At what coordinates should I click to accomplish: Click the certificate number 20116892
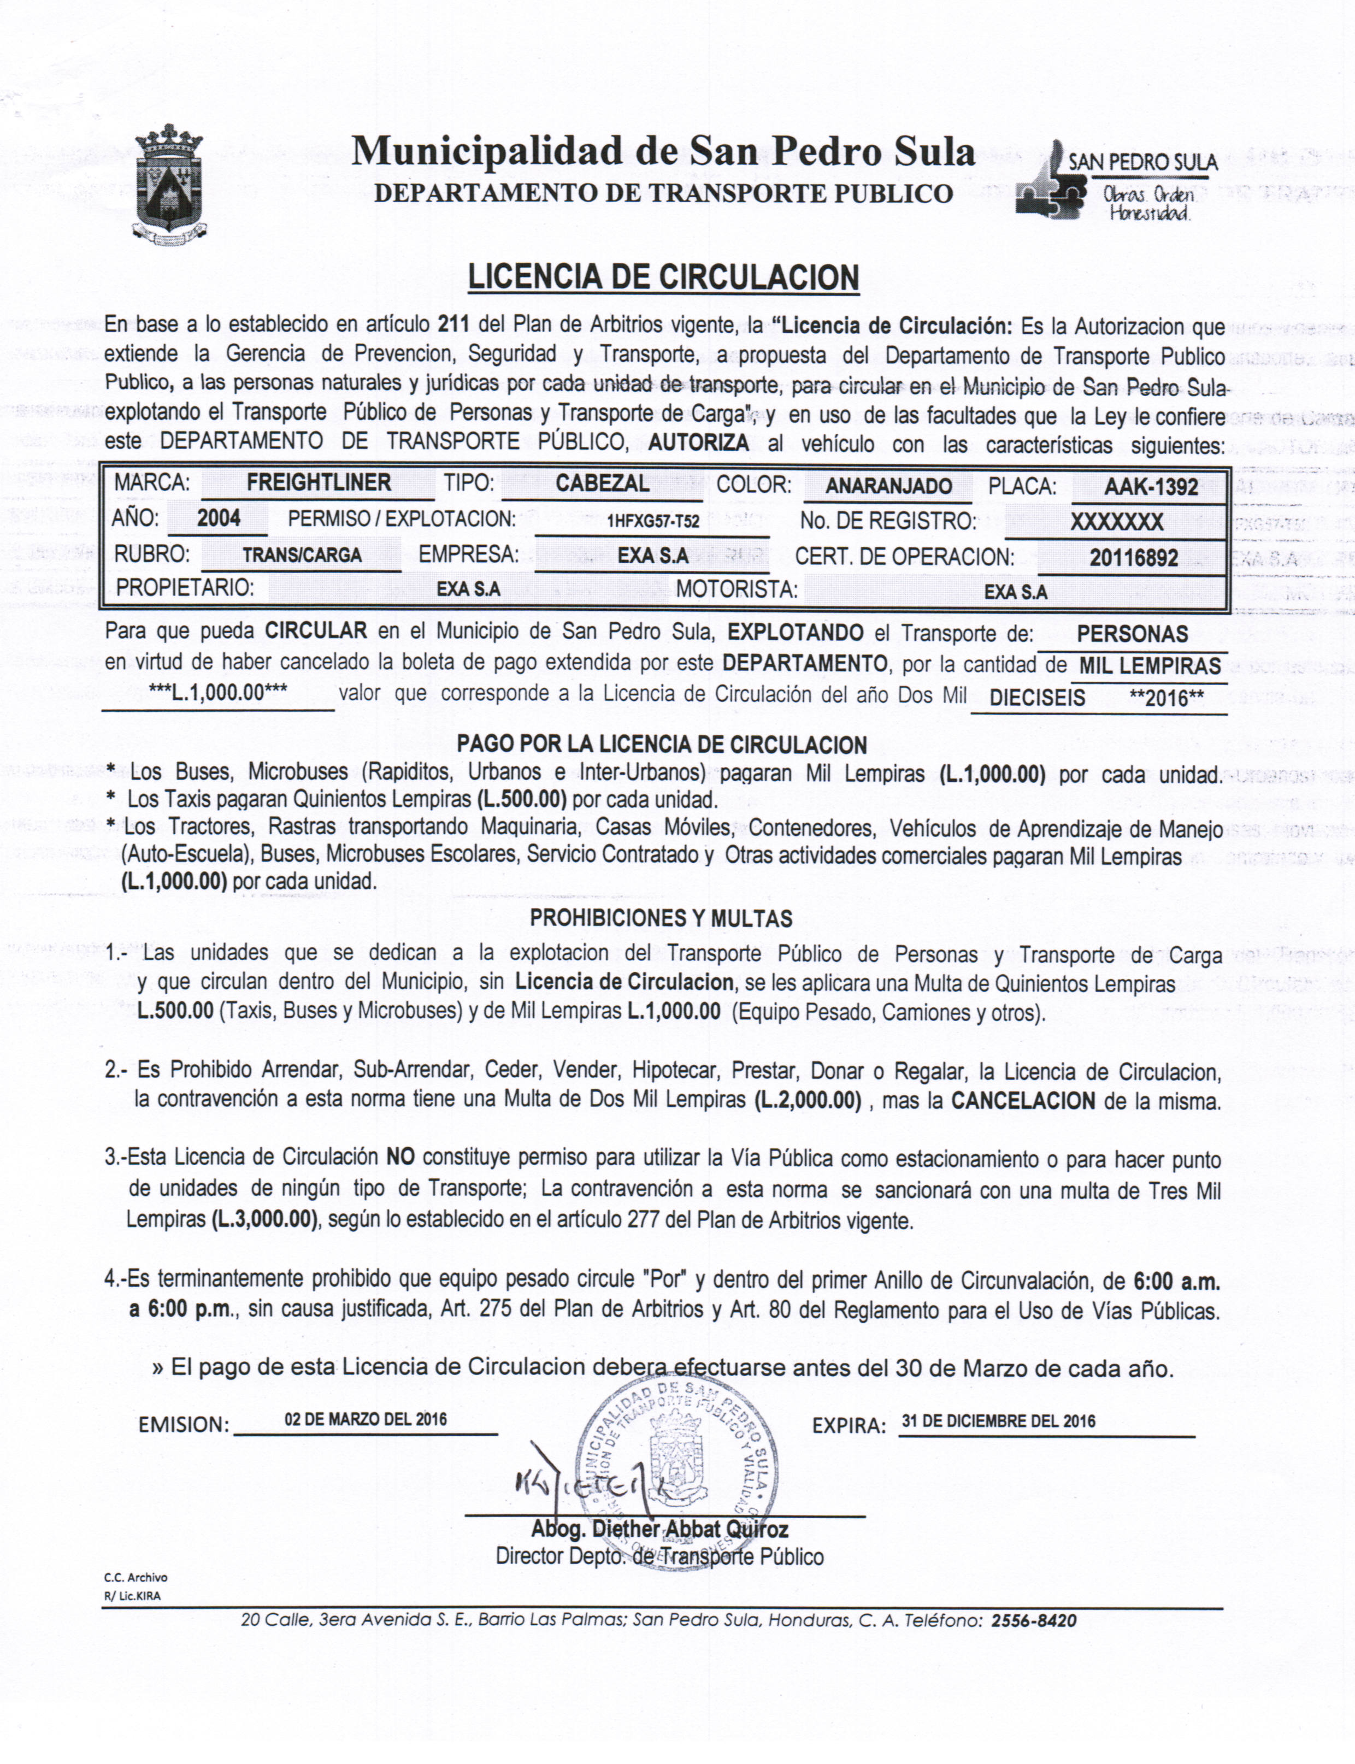1133,557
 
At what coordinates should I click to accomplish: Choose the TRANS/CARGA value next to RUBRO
302,556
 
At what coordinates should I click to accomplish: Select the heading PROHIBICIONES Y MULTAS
661,918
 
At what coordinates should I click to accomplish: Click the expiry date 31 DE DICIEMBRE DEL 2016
999,1421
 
